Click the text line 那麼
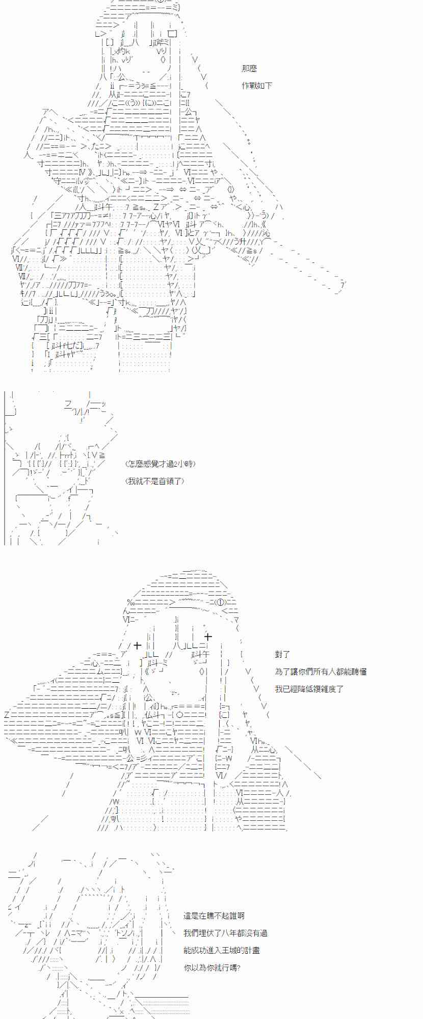249,69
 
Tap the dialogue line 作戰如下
257,86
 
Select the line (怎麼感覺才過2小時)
160,464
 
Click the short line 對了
282,654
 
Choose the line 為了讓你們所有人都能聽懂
321,672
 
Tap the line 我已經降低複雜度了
309,689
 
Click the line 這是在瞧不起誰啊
214,916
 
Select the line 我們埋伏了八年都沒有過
225,933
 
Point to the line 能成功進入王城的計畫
222,950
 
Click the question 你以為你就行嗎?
211,968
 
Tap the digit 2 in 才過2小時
174,464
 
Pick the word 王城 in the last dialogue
237,950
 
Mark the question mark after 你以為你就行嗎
238,968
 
